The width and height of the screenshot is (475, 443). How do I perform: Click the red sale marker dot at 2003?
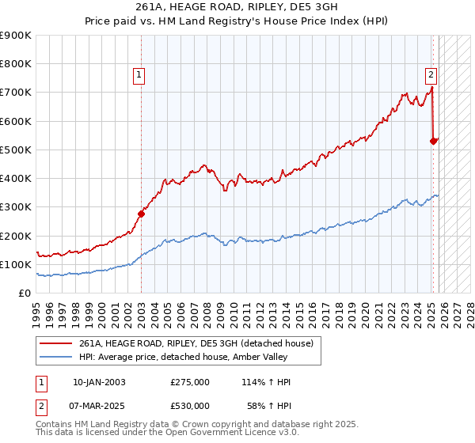pos(142,213)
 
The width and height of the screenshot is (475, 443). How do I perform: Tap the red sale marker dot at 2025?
pos(434,141)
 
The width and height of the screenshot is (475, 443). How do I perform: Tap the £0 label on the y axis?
pos(24,293)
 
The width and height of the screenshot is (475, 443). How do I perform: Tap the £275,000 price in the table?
pos(190,382)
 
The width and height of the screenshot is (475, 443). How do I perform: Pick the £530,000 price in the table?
pos(190,405)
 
